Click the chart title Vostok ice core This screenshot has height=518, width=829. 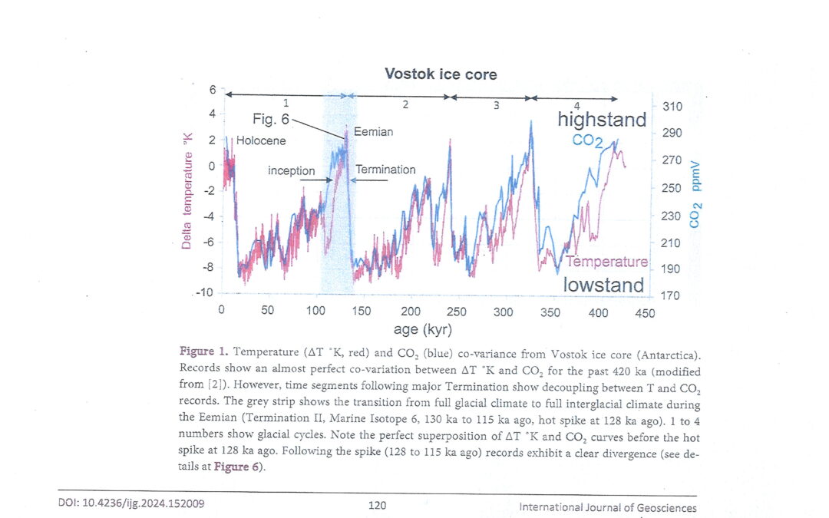pyautogui.click(x=441, y=74)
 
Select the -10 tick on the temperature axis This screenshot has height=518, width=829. pyautogui.click(x=205, y=293)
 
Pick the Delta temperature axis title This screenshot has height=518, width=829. pyautogui.click(x=187, y=192)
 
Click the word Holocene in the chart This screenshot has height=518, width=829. pyautogui.click(x=261, y=141)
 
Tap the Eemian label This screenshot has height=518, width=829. pyautogui.click(x=373, y=132)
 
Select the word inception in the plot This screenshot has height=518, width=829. pyautogui.click(x=291, y=170)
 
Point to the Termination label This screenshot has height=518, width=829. pyautogui.click(x=385, y=170)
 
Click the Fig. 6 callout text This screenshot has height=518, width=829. pyautogui.click(x=271, y=120)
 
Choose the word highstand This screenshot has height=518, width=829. pyautogui.click(x=602, y=119)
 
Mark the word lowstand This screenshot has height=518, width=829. pyautogui.click(x=603, y=285)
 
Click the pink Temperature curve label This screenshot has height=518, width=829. pyautogui.click(x=608, y=262)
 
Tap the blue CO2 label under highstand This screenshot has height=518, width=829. pyautogui.click(x=588, y=141)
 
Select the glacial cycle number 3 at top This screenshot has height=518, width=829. pyautogui.click(x=496, y=105)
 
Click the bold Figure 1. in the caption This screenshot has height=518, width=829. pyautogui.click(x=204, y=351)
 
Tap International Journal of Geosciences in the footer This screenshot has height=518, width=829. pyautogui.click(x=608, y=507)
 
